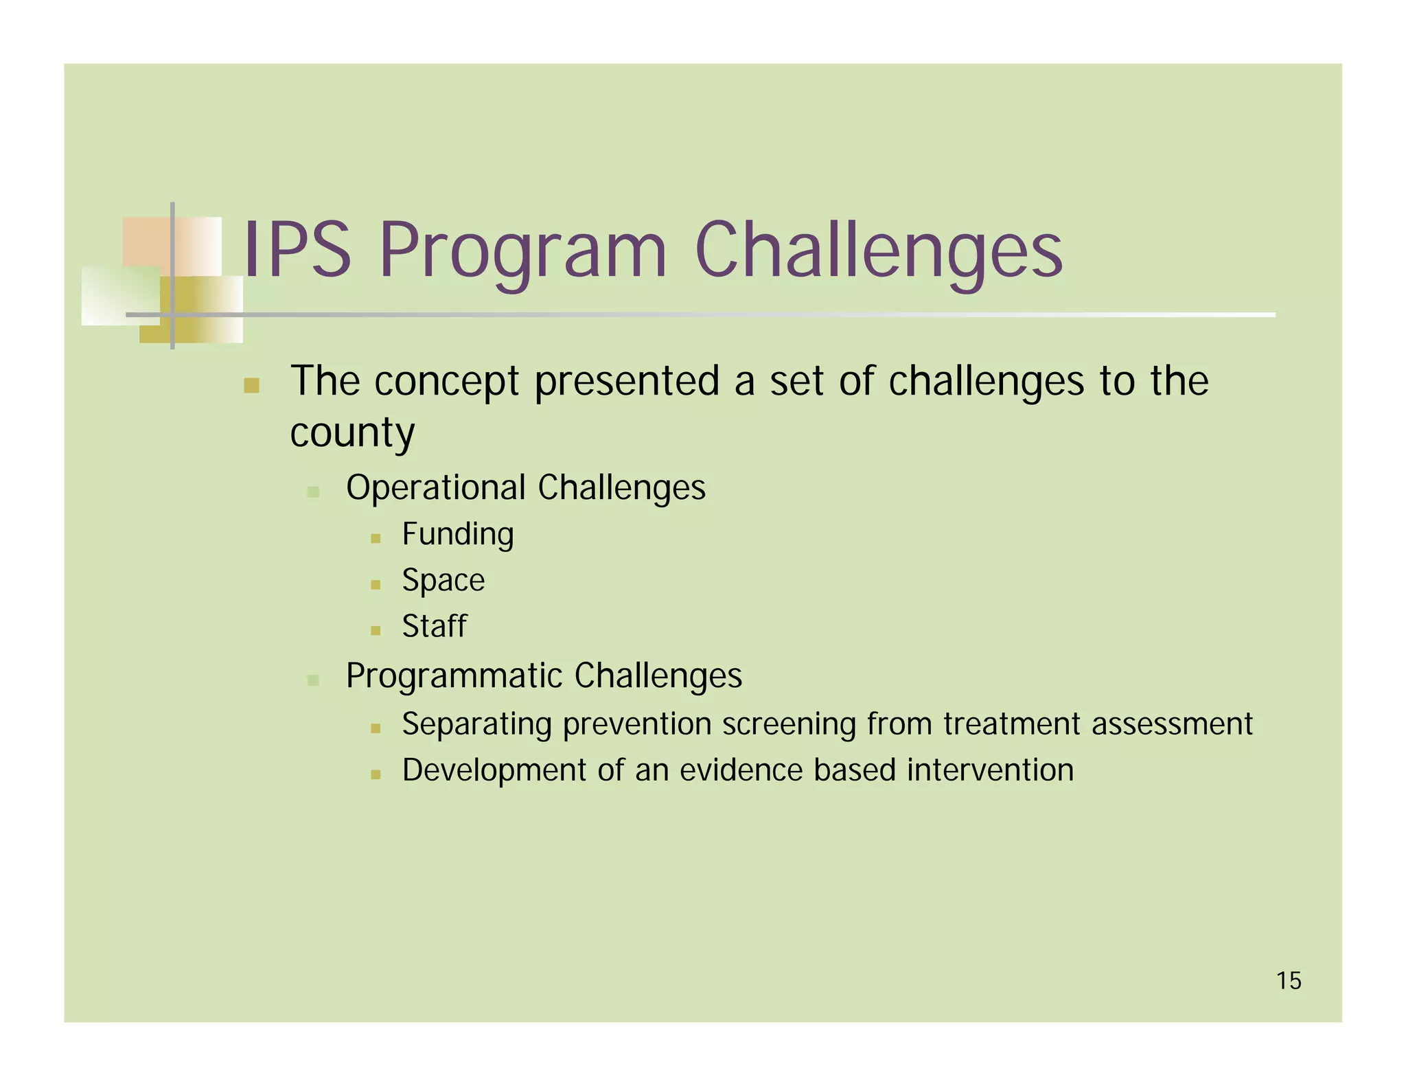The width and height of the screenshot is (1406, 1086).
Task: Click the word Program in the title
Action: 522,252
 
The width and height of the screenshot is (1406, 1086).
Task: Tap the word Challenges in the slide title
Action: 878,252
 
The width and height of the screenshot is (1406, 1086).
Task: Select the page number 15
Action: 1289,981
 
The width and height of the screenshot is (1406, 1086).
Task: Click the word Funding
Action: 457,535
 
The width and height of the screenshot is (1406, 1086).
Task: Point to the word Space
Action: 443,581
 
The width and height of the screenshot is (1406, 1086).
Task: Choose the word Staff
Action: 434,626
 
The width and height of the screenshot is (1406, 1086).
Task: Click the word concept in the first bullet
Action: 446,382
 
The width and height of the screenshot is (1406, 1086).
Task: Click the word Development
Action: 494,770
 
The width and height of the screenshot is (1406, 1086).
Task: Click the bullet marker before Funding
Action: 375,539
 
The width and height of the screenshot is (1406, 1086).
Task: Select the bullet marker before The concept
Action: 251,385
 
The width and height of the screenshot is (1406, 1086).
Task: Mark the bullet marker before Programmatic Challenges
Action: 313,680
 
